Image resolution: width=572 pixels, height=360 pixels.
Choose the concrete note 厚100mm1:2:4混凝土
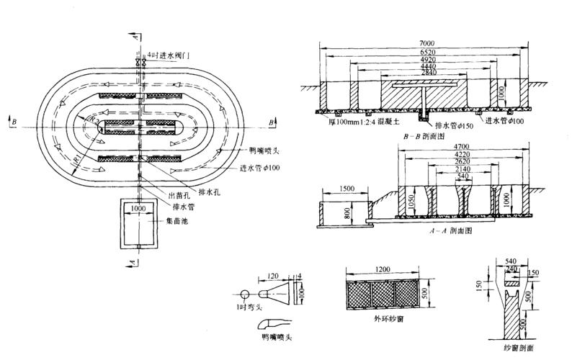[x=358, y=123]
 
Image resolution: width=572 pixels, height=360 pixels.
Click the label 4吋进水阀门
[x=166, y=54]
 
